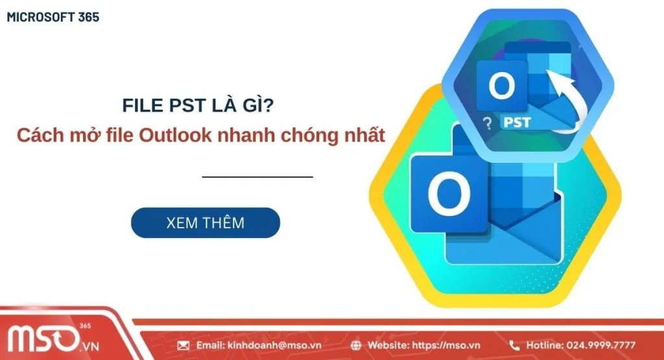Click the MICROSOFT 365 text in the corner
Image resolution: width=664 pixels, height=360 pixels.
tap(53, 18)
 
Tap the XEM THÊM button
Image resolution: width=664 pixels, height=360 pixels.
tap(205, 223)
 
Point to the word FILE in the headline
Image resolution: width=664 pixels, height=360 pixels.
tap(142, 106)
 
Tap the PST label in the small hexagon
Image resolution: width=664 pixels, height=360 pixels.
tap(519, 122)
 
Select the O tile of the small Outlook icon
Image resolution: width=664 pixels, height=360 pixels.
tap(501, 88)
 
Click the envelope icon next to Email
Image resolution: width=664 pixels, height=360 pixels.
tap(183, 345)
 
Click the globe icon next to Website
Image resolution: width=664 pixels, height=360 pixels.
tap(356, 345)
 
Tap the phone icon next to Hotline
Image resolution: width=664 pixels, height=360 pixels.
tap(514, 345)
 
